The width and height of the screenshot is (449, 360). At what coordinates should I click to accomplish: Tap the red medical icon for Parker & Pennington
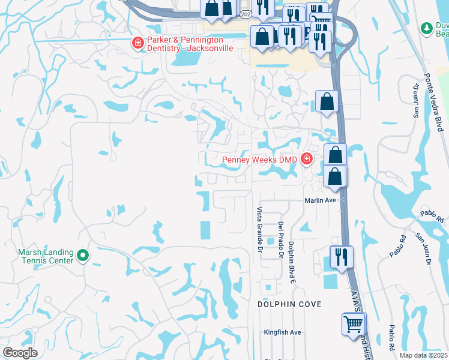coord(137,43)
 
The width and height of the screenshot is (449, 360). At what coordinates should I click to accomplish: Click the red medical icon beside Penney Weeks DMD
coord(307,159)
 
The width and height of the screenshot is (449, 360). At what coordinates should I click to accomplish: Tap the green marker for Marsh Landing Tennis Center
coord(84,256)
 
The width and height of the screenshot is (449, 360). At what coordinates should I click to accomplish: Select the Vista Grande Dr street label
coord(260,230)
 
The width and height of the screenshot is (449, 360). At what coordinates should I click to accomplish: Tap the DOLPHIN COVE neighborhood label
coord(289,304)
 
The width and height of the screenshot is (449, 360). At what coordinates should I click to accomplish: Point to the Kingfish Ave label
coord(282,332)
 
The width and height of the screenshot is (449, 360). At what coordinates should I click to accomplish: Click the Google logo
coord(19,353)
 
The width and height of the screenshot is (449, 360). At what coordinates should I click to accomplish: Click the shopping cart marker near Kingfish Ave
coord(353,325)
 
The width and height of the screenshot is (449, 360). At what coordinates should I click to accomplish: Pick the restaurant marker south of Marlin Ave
coord(341,257)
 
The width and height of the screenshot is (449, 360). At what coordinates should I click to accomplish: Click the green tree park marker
coord(427,28)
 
